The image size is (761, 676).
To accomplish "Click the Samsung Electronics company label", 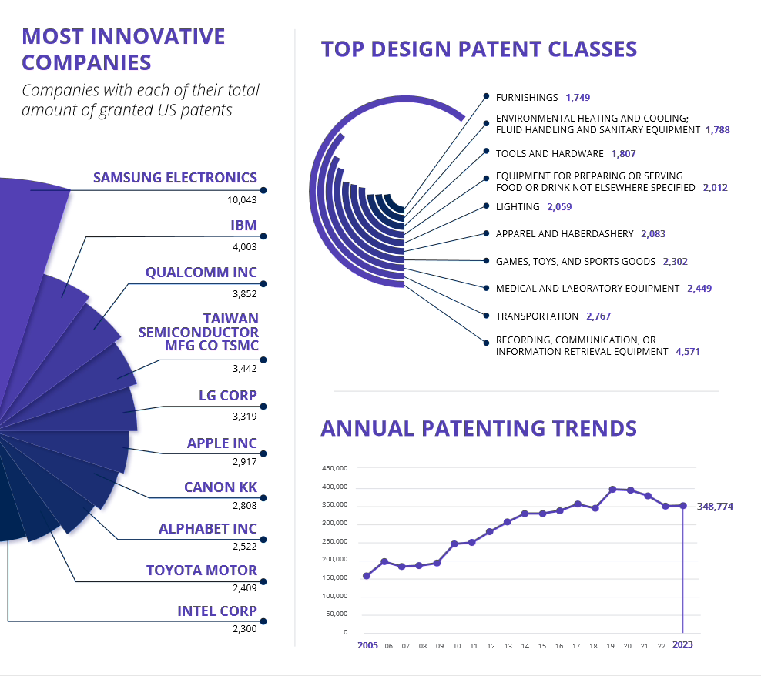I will pyautogui.click(x=175, y=178).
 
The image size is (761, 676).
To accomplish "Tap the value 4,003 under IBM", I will pyautogui.click(x=244, y=246).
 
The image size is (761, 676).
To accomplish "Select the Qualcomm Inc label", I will pyautogui.click(x=201, y=273).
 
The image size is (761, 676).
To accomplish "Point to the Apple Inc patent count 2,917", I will pyautogui.click(x=244, y=463).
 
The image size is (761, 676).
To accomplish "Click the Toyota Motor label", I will pyautogui.click(x=202, y=571).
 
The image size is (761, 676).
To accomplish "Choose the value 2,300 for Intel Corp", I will pyautogui.click(x=244, y=629).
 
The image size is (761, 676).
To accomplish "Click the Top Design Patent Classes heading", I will pyautogui.click(x=478, y=49).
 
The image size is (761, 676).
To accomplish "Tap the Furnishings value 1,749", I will pyautogui.click(x=577, y=98).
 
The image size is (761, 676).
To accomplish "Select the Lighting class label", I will pyautogui.click(x=518, y=207).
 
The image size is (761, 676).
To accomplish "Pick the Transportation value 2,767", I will pyautogui.click(x=598, y=316).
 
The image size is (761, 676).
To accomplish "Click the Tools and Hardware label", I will pyautogui.click(x=549, y=154).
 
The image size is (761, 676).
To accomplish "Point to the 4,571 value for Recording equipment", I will pyautogui.click(x=688, y=352).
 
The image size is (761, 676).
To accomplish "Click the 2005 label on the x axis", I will pyautogui.click(x=367, y=645).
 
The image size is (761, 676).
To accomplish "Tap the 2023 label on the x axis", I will pyautogui.click(x=682, y=645).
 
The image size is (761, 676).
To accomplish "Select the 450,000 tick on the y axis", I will pyautogui.click(x=335, y=468).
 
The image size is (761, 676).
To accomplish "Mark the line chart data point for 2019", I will pyautogui.click(x=612, y=489).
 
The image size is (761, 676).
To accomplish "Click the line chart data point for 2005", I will pyautogui.click(x=367, y=576).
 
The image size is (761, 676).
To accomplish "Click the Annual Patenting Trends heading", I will pyautogui.click(x=478, y=429).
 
